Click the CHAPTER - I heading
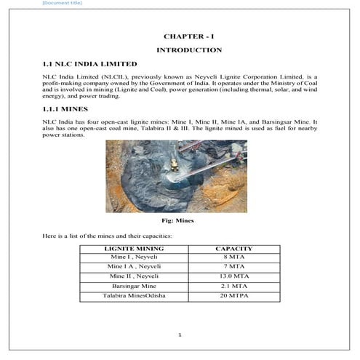189,36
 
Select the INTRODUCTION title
189,50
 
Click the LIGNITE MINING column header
135,249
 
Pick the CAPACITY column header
234,249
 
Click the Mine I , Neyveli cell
135,257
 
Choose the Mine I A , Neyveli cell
135,267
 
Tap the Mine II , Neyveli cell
135,277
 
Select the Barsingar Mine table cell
135,287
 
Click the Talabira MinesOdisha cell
135,297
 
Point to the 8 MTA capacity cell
234,257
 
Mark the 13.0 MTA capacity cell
234,277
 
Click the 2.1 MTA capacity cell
234,287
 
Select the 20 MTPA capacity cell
234,297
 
